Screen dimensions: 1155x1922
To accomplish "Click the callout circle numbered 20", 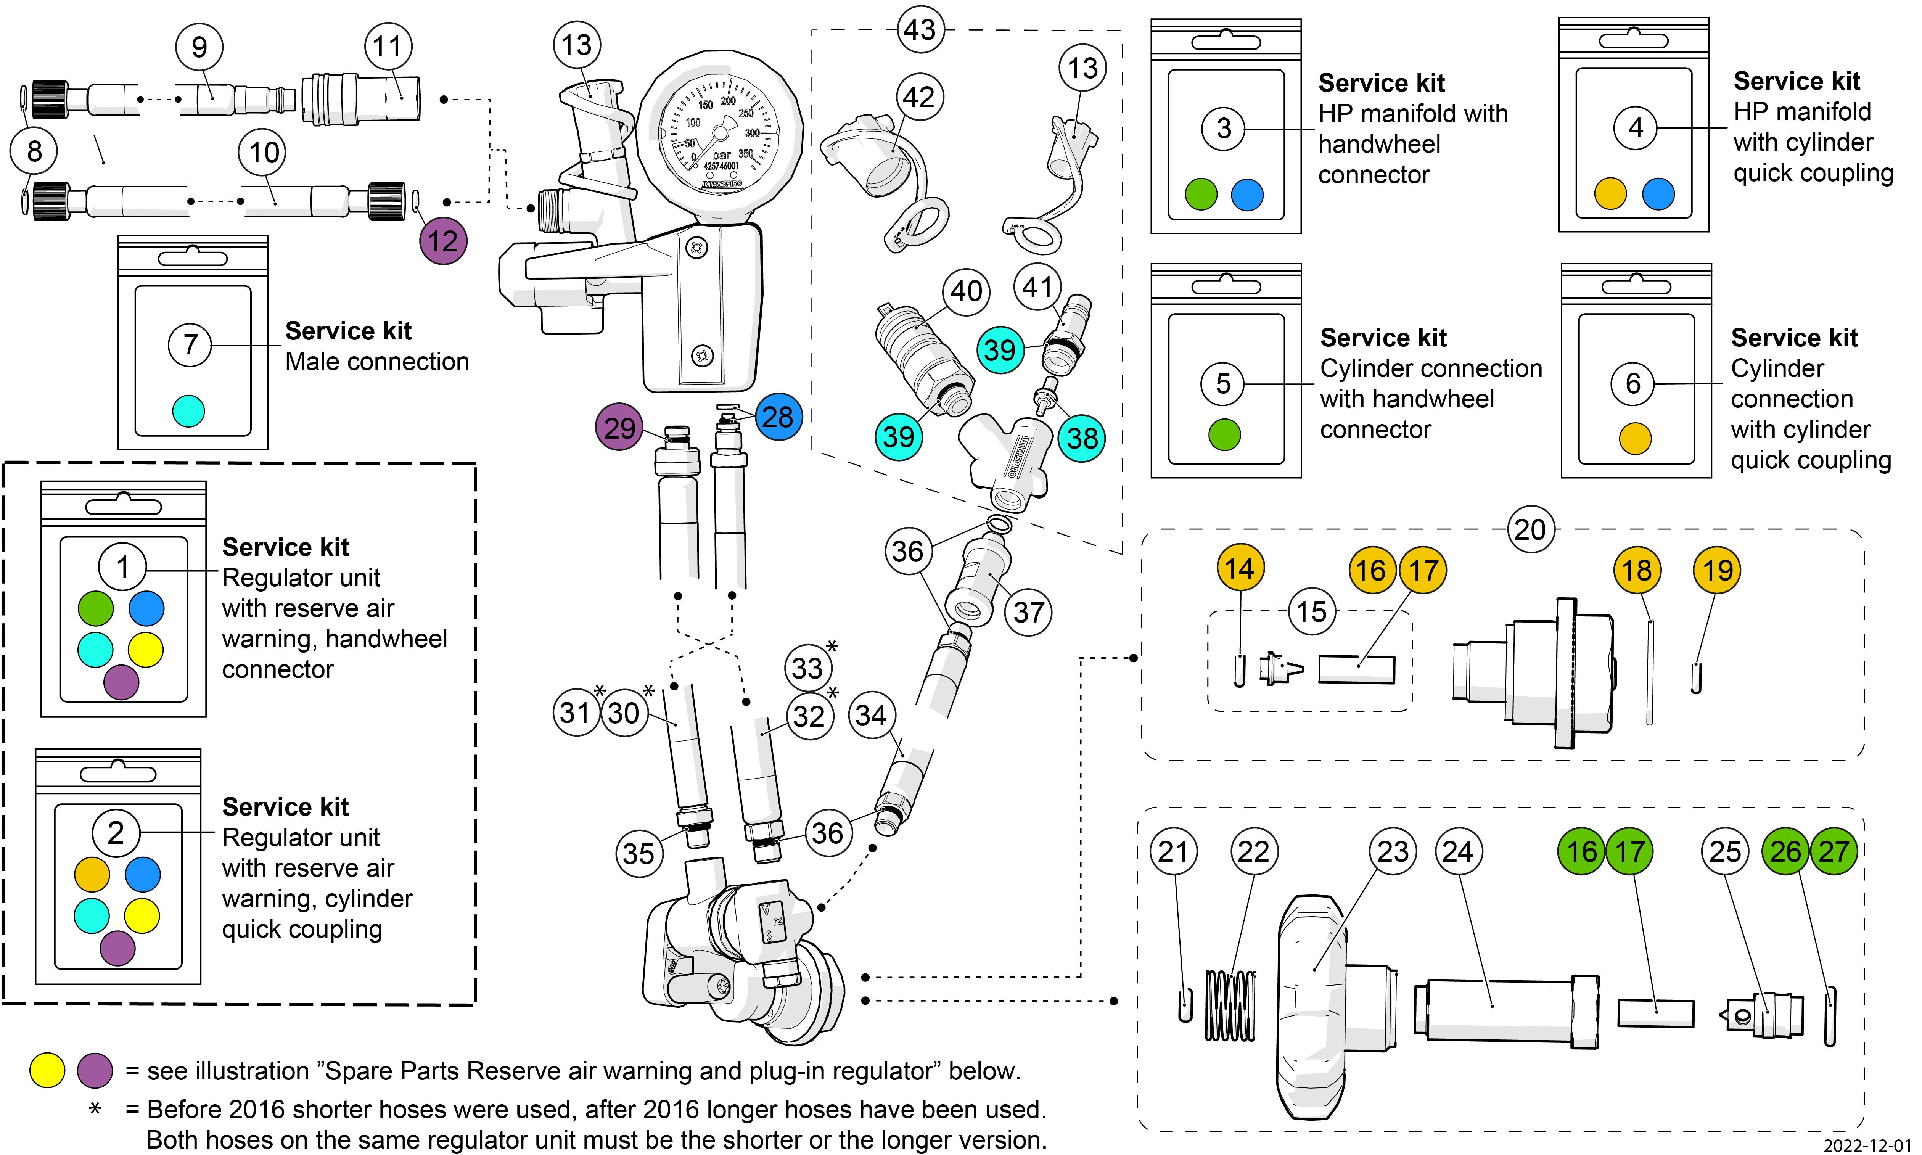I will point(1530,530).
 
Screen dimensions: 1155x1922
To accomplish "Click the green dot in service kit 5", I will point(1224,434).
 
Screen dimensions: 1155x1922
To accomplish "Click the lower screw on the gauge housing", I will point(702,357).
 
